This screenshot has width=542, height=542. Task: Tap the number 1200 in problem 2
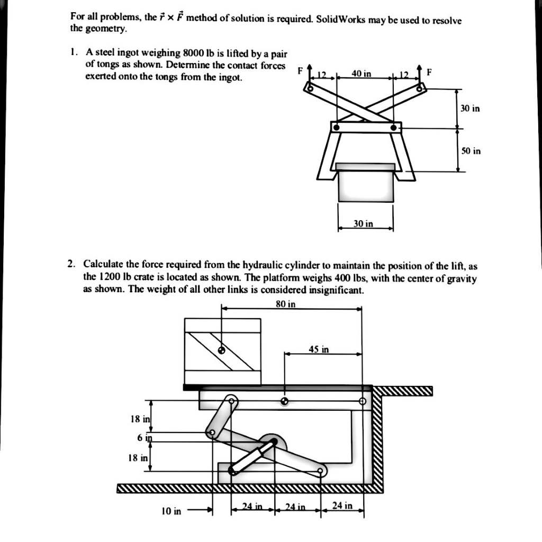point(106,277)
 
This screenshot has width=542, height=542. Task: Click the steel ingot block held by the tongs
point(366,185)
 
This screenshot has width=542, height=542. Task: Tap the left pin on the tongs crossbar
point(336,128)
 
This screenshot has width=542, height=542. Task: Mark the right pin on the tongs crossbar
point(393,128)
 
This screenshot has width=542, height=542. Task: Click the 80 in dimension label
point(286,304)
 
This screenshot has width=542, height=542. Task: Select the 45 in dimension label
point(319,349)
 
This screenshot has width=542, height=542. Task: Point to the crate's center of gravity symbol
point(222,350)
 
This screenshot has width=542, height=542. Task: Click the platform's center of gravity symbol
point(285,401)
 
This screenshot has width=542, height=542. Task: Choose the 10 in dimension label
point(171,511)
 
